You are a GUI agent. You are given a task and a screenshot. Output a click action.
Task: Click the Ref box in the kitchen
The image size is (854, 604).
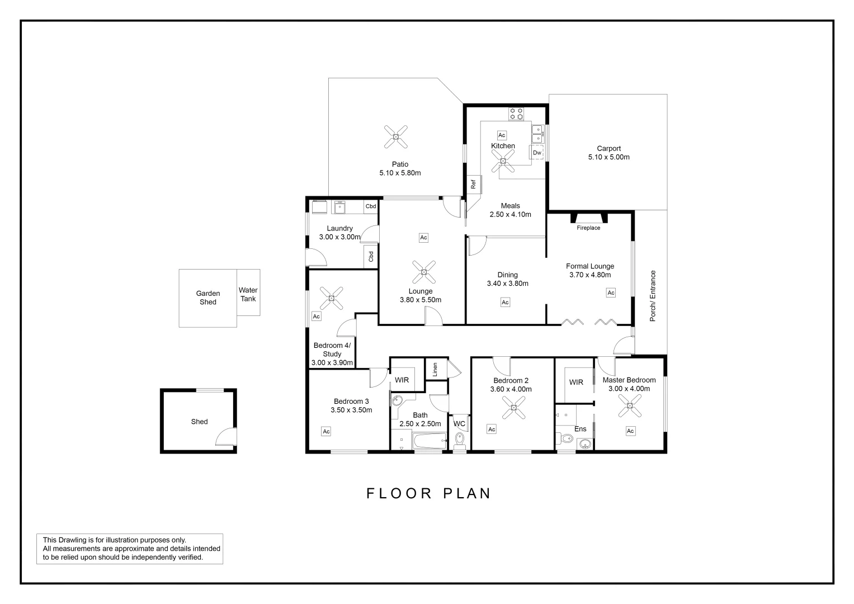pyautogui.click(x=473, y=184)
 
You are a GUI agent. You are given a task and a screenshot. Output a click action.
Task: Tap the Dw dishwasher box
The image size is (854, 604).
pyautogui.click(x=537, y=153)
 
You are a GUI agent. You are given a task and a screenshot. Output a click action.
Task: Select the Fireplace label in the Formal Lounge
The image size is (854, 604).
pyautogui.click(x=588, y=228)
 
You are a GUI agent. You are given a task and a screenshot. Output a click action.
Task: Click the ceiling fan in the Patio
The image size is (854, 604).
pyautogui.click(x=397, y=136)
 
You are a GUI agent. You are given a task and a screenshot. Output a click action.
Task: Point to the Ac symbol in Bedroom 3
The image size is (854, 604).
pyautogui.click(x=326, y=431)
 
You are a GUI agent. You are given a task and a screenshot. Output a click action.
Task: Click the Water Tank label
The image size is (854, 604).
pyautogui.click(x=248, y=294)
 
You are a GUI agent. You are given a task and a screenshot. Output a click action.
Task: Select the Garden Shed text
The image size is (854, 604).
pyautogui.click(x=208, y=298)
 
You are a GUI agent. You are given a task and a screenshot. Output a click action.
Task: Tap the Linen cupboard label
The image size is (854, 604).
pyautogui.click(x=435, y=369)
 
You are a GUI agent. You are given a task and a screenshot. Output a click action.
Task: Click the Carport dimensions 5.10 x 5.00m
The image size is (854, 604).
pyautogui.click(x=608, y=157)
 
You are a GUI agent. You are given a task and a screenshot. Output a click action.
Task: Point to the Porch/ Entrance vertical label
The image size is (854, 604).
pyautogui.click(x=652, y=296)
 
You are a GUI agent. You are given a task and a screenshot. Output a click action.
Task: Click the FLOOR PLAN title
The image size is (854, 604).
pyautogui.click(x=429, y=493)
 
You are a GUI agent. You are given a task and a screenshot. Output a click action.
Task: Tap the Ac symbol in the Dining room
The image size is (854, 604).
pyautogui.click(x=505, y=303)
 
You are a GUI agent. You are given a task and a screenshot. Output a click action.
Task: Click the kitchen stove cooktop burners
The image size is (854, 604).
pyautogui.click(x=516, y=114)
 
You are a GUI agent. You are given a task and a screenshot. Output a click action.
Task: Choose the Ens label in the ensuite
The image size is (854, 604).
pyautogui.click(x=580, y=429)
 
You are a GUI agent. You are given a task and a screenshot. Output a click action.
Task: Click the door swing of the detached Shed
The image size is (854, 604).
pyautogui.click(x=225, y=437)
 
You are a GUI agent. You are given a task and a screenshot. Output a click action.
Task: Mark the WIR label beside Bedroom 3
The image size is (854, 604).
pyautogui.click(x=402, y=380)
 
